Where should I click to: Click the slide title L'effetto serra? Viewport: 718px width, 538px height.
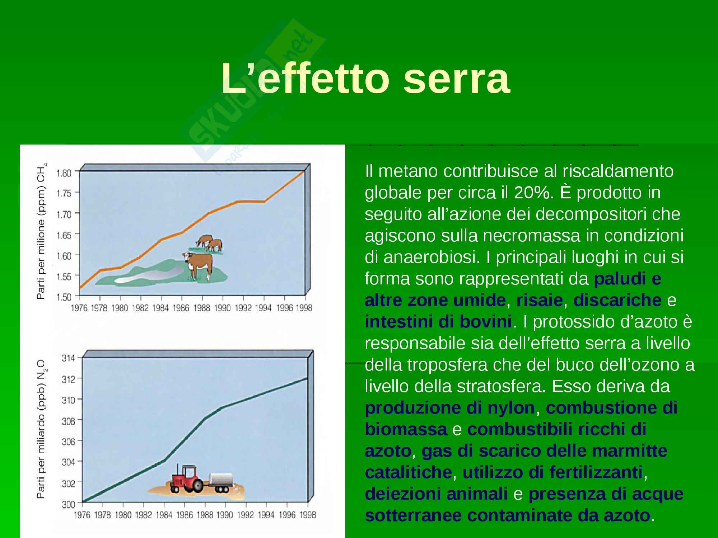coord(365,78)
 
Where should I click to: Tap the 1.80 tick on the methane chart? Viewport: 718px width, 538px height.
coord(64,173)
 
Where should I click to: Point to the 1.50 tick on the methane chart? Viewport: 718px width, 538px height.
coord(64,297)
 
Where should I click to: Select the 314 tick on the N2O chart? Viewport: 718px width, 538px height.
coord(68,358)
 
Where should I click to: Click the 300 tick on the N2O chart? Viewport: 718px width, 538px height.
coord(68,504)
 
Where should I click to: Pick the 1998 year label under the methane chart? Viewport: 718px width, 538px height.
coord(304,308)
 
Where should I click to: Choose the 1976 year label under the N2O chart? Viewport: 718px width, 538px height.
coord(82,515)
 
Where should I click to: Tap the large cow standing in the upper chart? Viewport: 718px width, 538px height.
coord(198,266)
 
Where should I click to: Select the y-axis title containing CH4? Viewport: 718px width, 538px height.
coord(42,231)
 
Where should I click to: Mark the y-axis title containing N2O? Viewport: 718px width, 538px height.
coord(42,429)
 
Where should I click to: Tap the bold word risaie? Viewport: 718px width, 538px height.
coord(539,300)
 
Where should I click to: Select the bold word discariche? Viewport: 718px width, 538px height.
coord(617,300)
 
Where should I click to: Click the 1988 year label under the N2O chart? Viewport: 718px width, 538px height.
coord(205,515)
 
